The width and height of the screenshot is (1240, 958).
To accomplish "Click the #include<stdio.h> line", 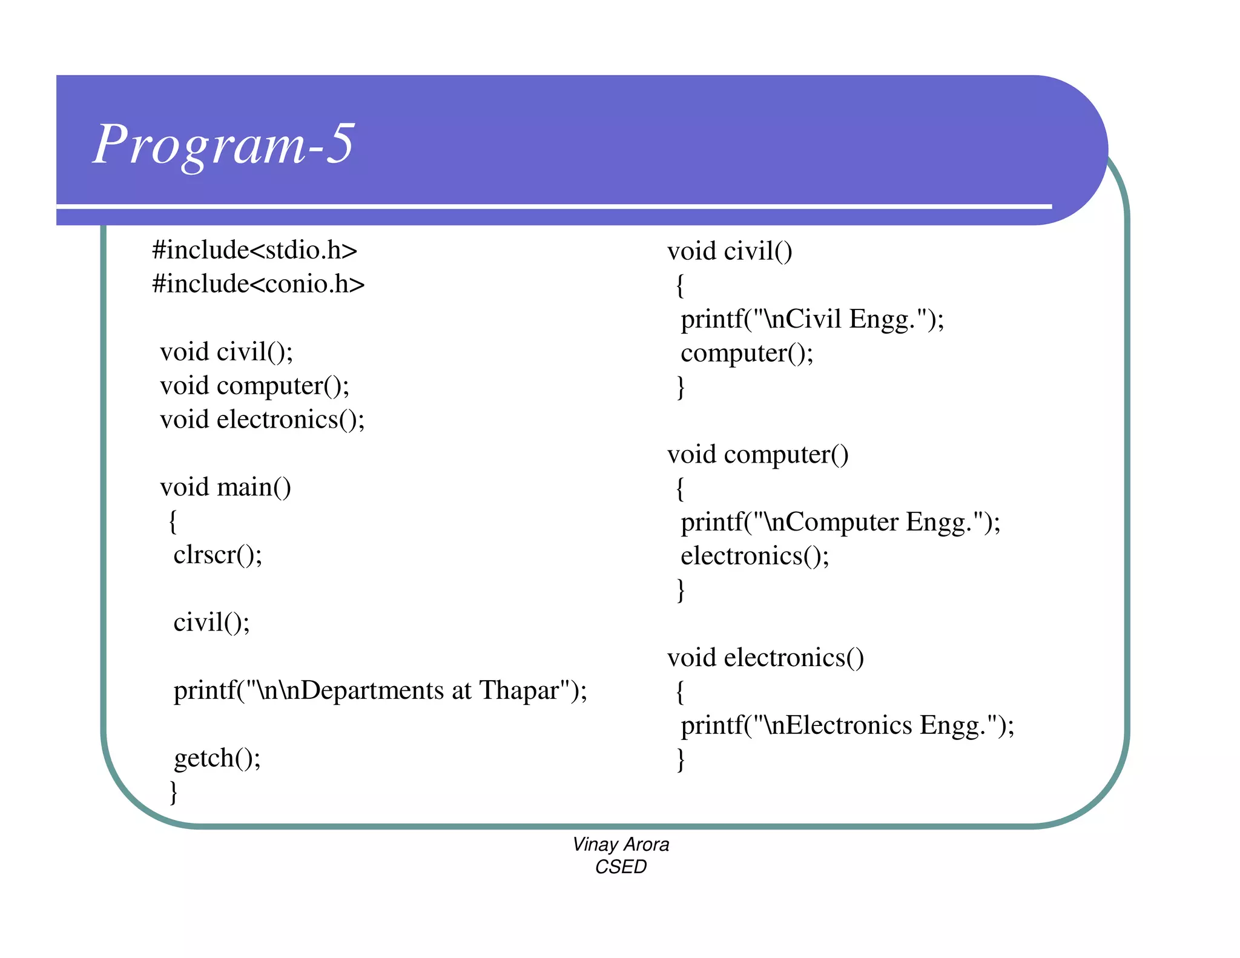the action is point(254,250).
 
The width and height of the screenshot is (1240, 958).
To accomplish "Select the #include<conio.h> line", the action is point(258,284).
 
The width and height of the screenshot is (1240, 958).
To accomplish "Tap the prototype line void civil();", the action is point(226,352).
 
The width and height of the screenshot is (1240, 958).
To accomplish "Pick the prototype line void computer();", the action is point(254,386).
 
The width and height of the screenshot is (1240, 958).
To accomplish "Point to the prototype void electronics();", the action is point(262,420).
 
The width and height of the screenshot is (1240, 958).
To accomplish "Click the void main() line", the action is point(225,487).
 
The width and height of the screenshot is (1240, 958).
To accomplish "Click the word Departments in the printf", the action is point(372,690).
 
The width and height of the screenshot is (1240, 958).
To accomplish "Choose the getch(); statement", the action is point(217,758).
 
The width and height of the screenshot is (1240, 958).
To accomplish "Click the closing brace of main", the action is point(174,791).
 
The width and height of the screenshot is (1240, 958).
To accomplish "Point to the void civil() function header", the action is point(730,251).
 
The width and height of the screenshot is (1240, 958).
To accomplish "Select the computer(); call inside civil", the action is point(747,353).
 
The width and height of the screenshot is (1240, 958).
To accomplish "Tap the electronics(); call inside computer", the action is point(754,556).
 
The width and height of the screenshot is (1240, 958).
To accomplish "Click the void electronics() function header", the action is point(765,658).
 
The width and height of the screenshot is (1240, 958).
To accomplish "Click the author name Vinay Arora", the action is point(621,844).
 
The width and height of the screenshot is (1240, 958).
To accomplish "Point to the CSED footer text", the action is point(621,867).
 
